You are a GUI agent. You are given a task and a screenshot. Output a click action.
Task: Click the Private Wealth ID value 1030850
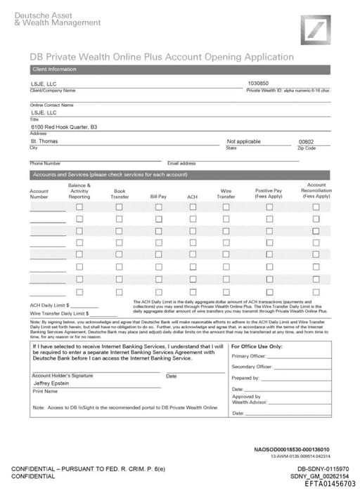pyautogui.click(x=258, y=83)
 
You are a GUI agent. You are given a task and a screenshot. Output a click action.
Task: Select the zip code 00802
pyautogui.click(x=307, y=141)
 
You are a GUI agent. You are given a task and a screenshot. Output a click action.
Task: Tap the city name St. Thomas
pyautogui.click(x=44, y=141)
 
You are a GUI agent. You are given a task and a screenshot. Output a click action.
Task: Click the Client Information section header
pyautogui.click(x=53, y=69)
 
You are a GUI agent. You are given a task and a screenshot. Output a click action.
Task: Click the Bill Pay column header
pyautogui.click(x=158, y=197)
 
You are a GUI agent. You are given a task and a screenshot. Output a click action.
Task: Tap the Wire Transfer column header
pyautogui.click(x=226, y=193)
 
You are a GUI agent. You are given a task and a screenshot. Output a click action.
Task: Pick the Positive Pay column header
pyautogui.click(x=269, y=193)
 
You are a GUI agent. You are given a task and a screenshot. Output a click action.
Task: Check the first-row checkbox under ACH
pyautogui.click(x=192, y=208)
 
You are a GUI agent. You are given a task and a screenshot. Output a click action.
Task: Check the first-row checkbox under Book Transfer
pyautogui.click(x=120, y=208)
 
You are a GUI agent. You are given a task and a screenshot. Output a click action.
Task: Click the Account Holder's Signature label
pyautogui.click(x=62, y=376)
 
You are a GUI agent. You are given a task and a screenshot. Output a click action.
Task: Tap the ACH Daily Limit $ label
pyautogui.click(x=49, y=306)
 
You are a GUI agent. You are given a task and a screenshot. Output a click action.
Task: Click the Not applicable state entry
pyautogui.click(x=244, y=141)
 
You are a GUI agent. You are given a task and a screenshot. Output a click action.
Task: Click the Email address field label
pyautogui.click(x=181, y=163)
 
